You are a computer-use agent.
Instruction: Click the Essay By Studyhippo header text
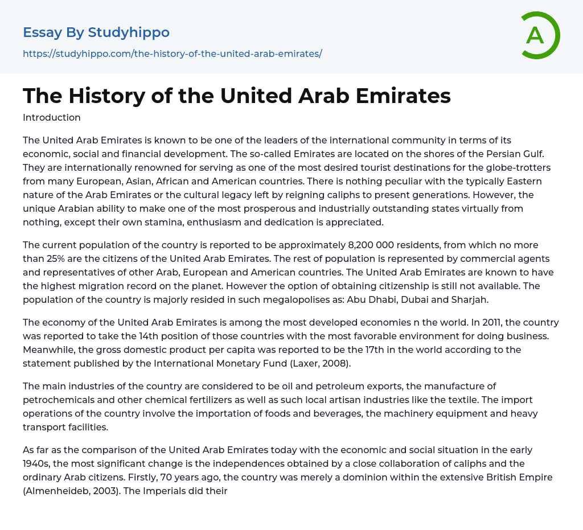pyautogui.click(x=96, y=32)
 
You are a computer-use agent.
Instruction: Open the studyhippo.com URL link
pyautogui.click(x=173, y=54)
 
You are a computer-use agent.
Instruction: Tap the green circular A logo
pyautogui.click(x=535, y=35)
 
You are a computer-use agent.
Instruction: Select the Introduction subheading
pyautogui.click(x=52, y=118)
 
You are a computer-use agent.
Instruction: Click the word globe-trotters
pyautogui.click(x=518, y=167)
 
